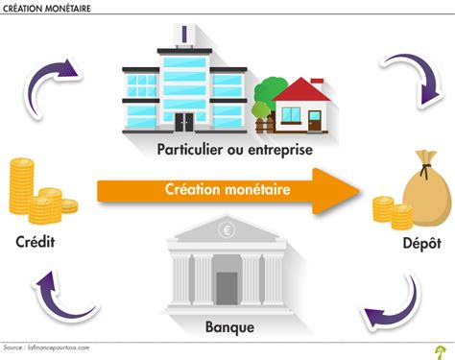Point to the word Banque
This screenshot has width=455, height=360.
point(230,327)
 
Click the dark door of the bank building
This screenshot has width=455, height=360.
point(227,287)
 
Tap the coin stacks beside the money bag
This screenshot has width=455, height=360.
point(387,212)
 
